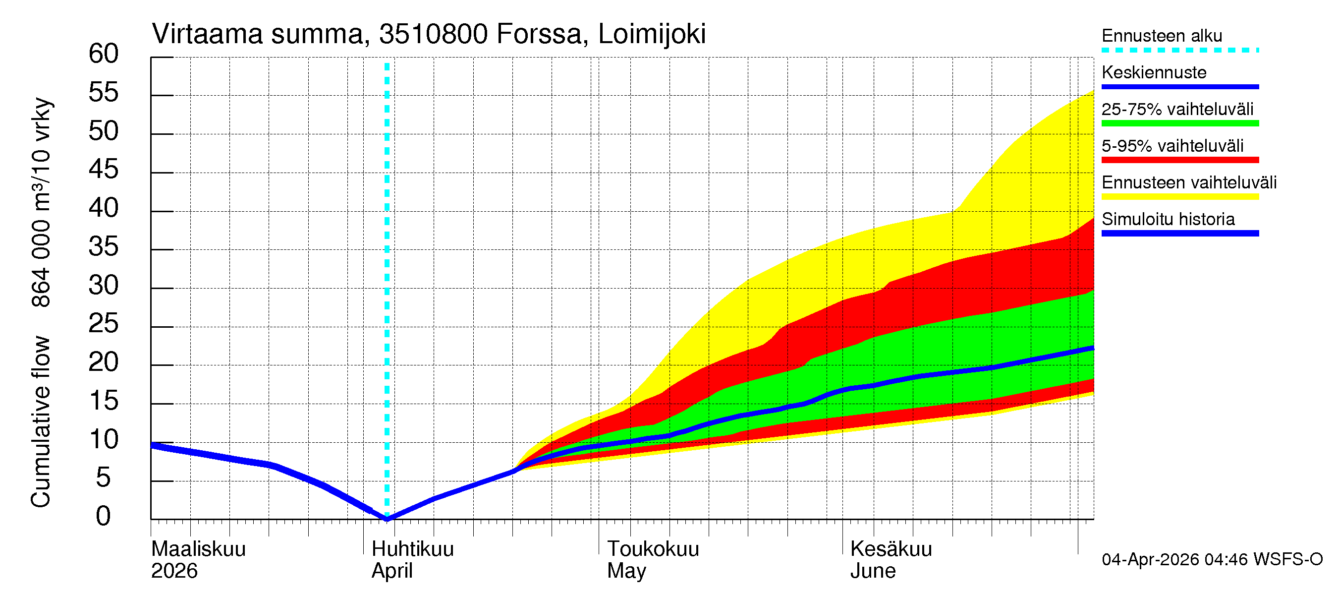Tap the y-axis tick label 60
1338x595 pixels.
pyautogui.click(x=104, y=54)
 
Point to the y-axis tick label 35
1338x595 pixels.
pyautogui.click(x=104, y=247)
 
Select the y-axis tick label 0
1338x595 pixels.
pyautogui.click(x=104, y=517)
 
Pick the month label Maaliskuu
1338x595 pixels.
pyautogui.click(x=198, y=549)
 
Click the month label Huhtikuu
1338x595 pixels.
pyautogui.click(x=412, y=549)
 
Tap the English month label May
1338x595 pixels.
pyautogui.click(x=626, y=571)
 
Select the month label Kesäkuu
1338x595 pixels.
pyautogui.click(x=891, y=549)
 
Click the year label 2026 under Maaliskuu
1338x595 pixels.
pyautogui.click(x=174, y=571)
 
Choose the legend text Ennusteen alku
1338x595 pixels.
pyautogui.click(x=1162, y=36)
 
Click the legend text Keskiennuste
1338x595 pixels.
pyautogui.click(x=1154, y=72)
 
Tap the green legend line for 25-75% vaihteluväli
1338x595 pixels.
pyautogui.click(x=1179, y=123)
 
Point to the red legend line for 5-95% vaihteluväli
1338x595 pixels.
pyautogui.click(x=1179, y=160)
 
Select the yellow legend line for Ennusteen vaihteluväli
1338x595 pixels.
pyautogui.click(x=1179, y=197)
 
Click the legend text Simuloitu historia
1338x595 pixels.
pyautogui.click(x=1168, y=219)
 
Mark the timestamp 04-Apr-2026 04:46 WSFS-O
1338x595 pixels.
pyautogui.click(x=1212, y=559)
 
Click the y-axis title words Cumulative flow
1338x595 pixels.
pyautogui.click(x=41, y=421)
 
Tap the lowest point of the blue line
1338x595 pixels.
pyautogui.click(x=387, y=519)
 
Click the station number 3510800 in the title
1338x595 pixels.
pyautogui.click(x=433, y=34)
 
